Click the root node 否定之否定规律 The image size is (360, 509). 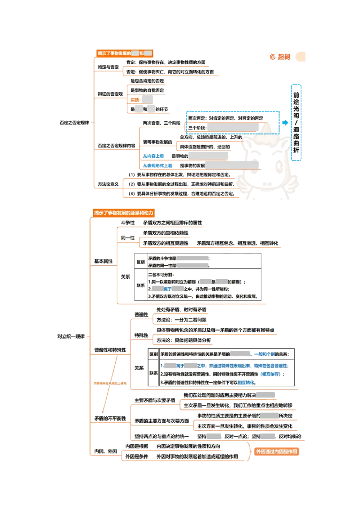tap(75, 122)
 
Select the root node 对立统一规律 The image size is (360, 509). tap(71, 336)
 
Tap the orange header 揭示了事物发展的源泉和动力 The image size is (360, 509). tap(123, 212)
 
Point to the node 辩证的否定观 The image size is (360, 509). tap(110, 94)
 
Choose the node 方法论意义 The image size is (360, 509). tap(108, 184)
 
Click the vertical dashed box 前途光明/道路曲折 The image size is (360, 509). tap(295, 122)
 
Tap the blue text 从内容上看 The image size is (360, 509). tap(153, 156)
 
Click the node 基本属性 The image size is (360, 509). tap(103, 261)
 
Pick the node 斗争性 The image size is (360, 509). tap(127, 223)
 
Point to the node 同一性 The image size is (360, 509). tap(127, 238)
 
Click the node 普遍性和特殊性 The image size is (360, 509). tap(110, 349)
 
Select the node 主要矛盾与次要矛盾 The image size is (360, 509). tap(155, 400)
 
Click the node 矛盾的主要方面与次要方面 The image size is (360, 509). tap(162, 421)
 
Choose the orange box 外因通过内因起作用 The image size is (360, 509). tap(276, 451)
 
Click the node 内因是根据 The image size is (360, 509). tap(136, 446)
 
